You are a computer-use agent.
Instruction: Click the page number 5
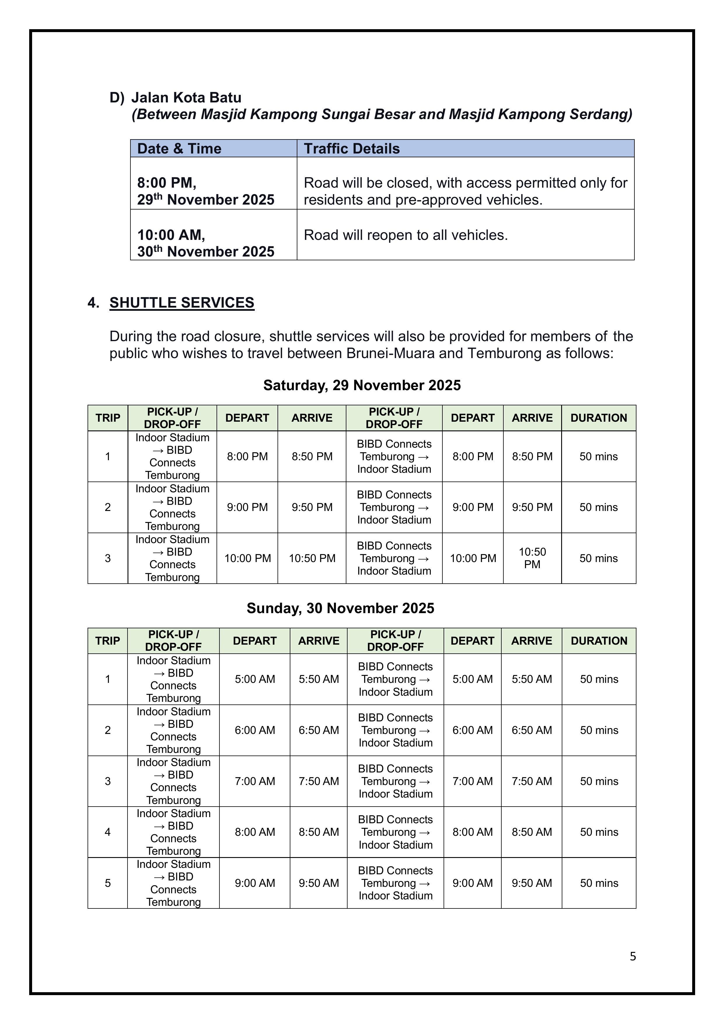point(633,956)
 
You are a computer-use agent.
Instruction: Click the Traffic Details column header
point(352,149)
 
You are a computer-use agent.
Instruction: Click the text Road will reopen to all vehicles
point(406,235)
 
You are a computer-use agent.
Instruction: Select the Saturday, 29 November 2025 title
point(362,385)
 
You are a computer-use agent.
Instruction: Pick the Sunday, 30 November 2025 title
point(340,608)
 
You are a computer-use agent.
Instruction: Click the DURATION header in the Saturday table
point(598,418)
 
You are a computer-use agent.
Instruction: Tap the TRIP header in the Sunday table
point(107,641)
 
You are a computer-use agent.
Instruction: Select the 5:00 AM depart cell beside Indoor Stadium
point(255,679)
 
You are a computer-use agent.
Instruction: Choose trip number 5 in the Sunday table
point(107,883)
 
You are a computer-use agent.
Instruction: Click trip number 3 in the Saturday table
point(107,558)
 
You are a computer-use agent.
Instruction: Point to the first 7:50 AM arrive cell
point(318,781)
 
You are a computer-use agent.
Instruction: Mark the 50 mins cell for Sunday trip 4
point(599,832)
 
